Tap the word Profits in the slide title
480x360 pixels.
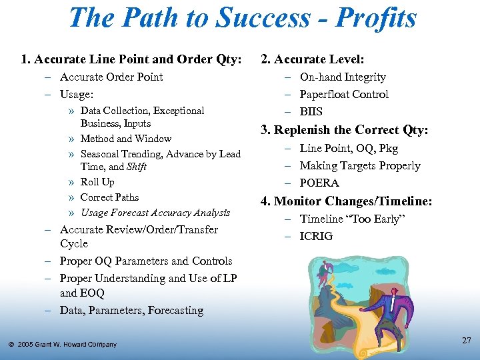click(376, 18)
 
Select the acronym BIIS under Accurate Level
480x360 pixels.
click(311, 111)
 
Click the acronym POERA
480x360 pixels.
click(319, 183)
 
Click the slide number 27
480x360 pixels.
click(466, 341)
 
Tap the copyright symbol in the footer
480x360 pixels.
click(11, 345)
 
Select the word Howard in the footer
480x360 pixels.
click(73, 345)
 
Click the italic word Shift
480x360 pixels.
click(137, 167)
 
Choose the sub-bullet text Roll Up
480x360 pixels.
click(97, 182)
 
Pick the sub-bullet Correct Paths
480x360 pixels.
click(109, 197)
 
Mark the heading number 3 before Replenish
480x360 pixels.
click(264, 130)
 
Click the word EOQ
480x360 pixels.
click(91, 293)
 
